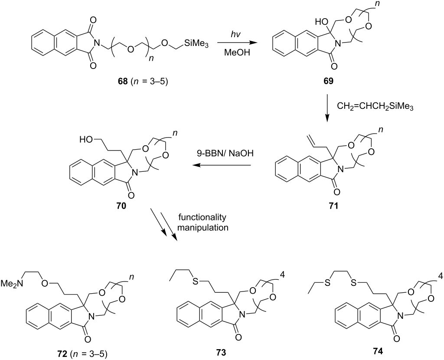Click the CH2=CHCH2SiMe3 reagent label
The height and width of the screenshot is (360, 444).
[375, 107]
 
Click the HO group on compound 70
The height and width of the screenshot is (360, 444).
[86, 140]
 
